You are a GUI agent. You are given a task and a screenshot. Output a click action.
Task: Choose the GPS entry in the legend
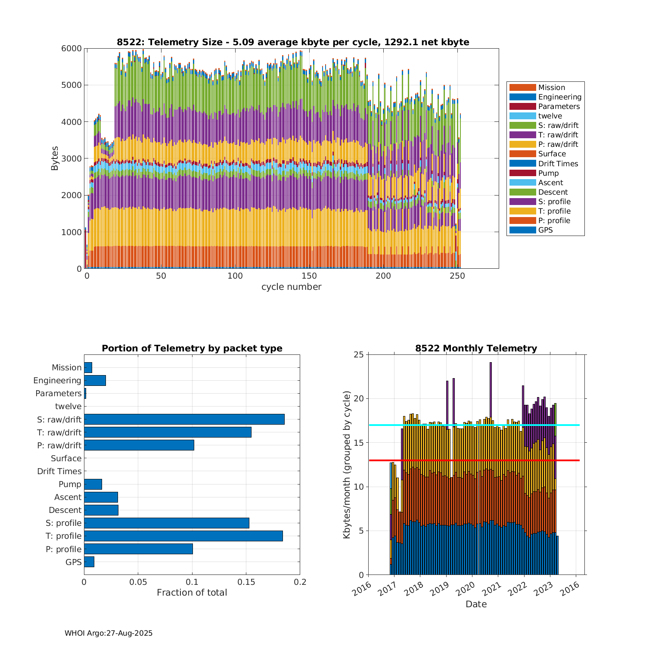tap(545, 230)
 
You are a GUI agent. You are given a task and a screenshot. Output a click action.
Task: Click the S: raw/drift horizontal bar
tap(184, 419)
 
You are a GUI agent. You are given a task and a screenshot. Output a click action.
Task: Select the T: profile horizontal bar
tap(183, 536)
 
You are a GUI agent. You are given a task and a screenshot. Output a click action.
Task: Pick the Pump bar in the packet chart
tap(93, 484)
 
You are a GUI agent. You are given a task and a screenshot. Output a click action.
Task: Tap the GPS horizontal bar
tap(89, 562)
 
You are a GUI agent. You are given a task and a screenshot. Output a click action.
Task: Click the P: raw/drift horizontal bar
tap(139, 445)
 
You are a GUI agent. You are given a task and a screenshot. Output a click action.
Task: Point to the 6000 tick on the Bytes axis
tap(71, 49)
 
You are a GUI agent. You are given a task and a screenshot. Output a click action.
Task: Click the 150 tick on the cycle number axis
tap(309, 276)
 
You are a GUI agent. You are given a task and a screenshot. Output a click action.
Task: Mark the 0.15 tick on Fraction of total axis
tap(246, 582)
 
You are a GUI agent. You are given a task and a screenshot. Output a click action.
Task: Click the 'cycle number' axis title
tap(291, 287)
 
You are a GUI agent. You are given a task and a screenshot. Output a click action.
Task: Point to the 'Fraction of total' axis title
tap(192, 593)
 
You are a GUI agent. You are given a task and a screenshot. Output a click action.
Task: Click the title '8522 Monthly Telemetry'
tap(476, 348)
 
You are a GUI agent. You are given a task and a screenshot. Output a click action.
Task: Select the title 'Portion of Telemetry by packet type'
tap(192, 348)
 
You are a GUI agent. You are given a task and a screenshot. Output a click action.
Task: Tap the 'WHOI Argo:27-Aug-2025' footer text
tap(109, 633)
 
